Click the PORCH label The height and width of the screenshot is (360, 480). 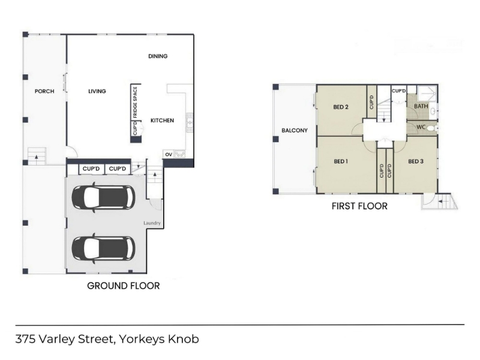coord(44,91)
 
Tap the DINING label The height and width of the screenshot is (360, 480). coord(158,56)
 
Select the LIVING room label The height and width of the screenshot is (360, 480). coord(97,91)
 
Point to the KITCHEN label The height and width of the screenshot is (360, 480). coord(162,121)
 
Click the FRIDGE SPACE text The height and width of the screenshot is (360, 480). coord(136,102)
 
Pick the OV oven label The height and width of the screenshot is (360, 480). coord(169,155)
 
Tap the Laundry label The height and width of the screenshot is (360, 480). coord(152,223)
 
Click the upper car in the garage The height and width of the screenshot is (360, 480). coord(103,197)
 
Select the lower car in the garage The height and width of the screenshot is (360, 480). coord(103,248)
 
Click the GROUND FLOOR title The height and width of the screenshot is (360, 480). coord(124,286)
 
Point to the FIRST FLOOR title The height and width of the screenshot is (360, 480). coord(359,206)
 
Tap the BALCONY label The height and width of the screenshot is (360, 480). coord(295,130)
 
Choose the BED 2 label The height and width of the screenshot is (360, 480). coord(341,107)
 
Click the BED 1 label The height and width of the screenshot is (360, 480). coord(341,161)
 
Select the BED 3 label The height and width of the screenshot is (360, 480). coord(416,161)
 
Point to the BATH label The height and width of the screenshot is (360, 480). coord(421,106)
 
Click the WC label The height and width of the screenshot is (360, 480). coord(421,127)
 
